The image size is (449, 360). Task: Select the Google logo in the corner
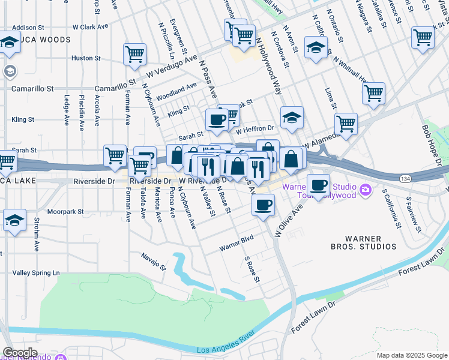pos(19,353)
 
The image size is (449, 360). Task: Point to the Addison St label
pos(28,28)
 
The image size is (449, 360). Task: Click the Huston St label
pos(86,58)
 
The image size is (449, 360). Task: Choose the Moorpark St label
pos(67,212)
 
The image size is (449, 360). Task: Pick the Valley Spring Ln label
pos(37,273)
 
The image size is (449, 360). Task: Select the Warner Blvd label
pos(236,243)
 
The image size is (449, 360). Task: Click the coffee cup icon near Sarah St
pos(216,119)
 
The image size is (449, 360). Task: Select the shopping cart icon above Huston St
pos(134,54)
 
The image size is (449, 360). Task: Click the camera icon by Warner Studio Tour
pos(366,191)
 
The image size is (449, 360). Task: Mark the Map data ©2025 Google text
pos(412,355)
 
